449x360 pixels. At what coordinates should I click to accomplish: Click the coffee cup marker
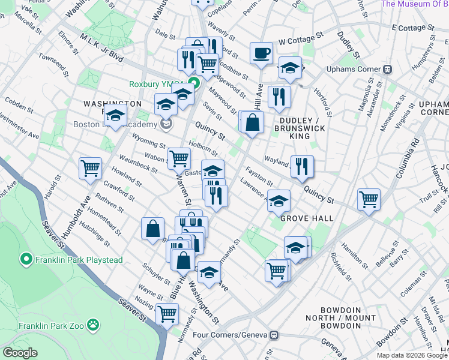(261, 53)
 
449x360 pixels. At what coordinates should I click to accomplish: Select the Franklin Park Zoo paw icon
(93, 325)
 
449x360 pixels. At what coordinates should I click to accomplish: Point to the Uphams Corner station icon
(388, 69)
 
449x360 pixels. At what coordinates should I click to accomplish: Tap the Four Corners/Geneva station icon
(274, 334)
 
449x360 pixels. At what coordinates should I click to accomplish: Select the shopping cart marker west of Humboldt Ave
(90, 167)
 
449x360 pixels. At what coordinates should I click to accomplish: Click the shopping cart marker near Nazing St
(167, 313)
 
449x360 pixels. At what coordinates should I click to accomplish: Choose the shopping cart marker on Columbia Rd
(369, 198)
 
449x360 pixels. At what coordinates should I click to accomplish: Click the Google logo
(20, 353)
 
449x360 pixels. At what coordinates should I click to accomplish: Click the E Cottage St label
(412, 28)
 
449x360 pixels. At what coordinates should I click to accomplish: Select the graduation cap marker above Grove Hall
(279, 200)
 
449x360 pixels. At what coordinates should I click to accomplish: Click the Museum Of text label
(414, 4)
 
